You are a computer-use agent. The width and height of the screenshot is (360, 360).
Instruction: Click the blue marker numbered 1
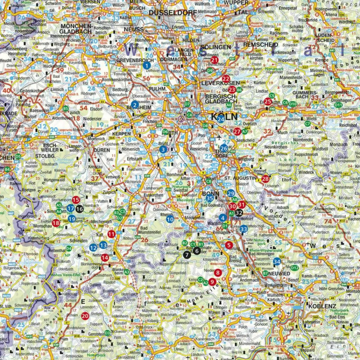click(147, 65)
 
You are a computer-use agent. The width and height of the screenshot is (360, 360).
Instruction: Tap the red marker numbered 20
click(85, 316)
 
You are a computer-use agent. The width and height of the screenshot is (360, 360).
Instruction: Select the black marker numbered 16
click(79, 209)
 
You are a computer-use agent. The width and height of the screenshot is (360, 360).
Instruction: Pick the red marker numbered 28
click(265, 179)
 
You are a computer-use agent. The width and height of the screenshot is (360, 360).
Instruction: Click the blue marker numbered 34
click(277, 262)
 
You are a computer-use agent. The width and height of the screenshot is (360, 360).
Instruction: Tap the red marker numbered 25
click(268, 102)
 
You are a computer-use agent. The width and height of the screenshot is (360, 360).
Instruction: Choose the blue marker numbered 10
click(170, 219)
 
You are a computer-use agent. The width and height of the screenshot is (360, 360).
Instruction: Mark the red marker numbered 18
click(56, 223)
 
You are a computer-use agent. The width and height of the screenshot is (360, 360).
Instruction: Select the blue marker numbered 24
click(220, 119)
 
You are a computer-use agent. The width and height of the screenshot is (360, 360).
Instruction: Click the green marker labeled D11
click(338, 105)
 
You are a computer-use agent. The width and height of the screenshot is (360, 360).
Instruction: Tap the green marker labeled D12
click(295, 268)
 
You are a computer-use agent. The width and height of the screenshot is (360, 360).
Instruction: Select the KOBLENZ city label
click(322, 306)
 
